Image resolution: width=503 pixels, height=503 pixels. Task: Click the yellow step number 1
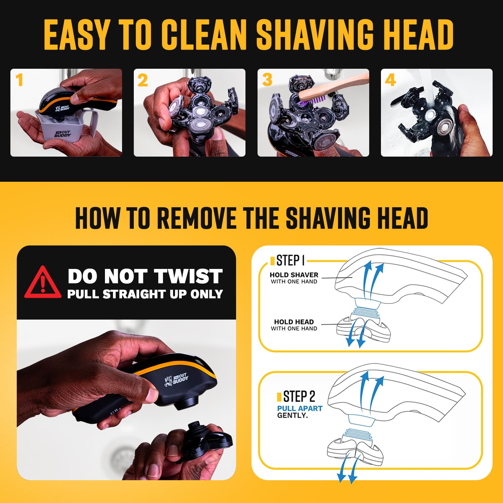19,80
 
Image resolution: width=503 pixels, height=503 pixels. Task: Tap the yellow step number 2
143,80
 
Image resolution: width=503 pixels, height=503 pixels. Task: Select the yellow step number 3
267,80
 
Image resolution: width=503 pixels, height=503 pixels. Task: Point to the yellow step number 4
390,80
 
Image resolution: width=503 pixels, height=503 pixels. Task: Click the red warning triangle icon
43,282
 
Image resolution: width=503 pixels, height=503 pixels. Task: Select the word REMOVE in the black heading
197,218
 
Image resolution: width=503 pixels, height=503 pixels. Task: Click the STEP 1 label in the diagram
290,260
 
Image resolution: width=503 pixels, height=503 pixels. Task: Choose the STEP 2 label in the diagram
299,397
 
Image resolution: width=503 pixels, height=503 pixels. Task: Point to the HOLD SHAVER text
294,275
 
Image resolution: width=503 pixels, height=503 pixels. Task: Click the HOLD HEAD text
294,322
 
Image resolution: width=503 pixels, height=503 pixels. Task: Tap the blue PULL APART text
299,408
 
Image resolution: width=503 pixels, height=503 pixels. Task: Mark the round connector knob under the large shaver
186,402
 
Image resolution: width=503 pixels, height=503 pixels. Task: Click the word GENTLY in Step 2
292,415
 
